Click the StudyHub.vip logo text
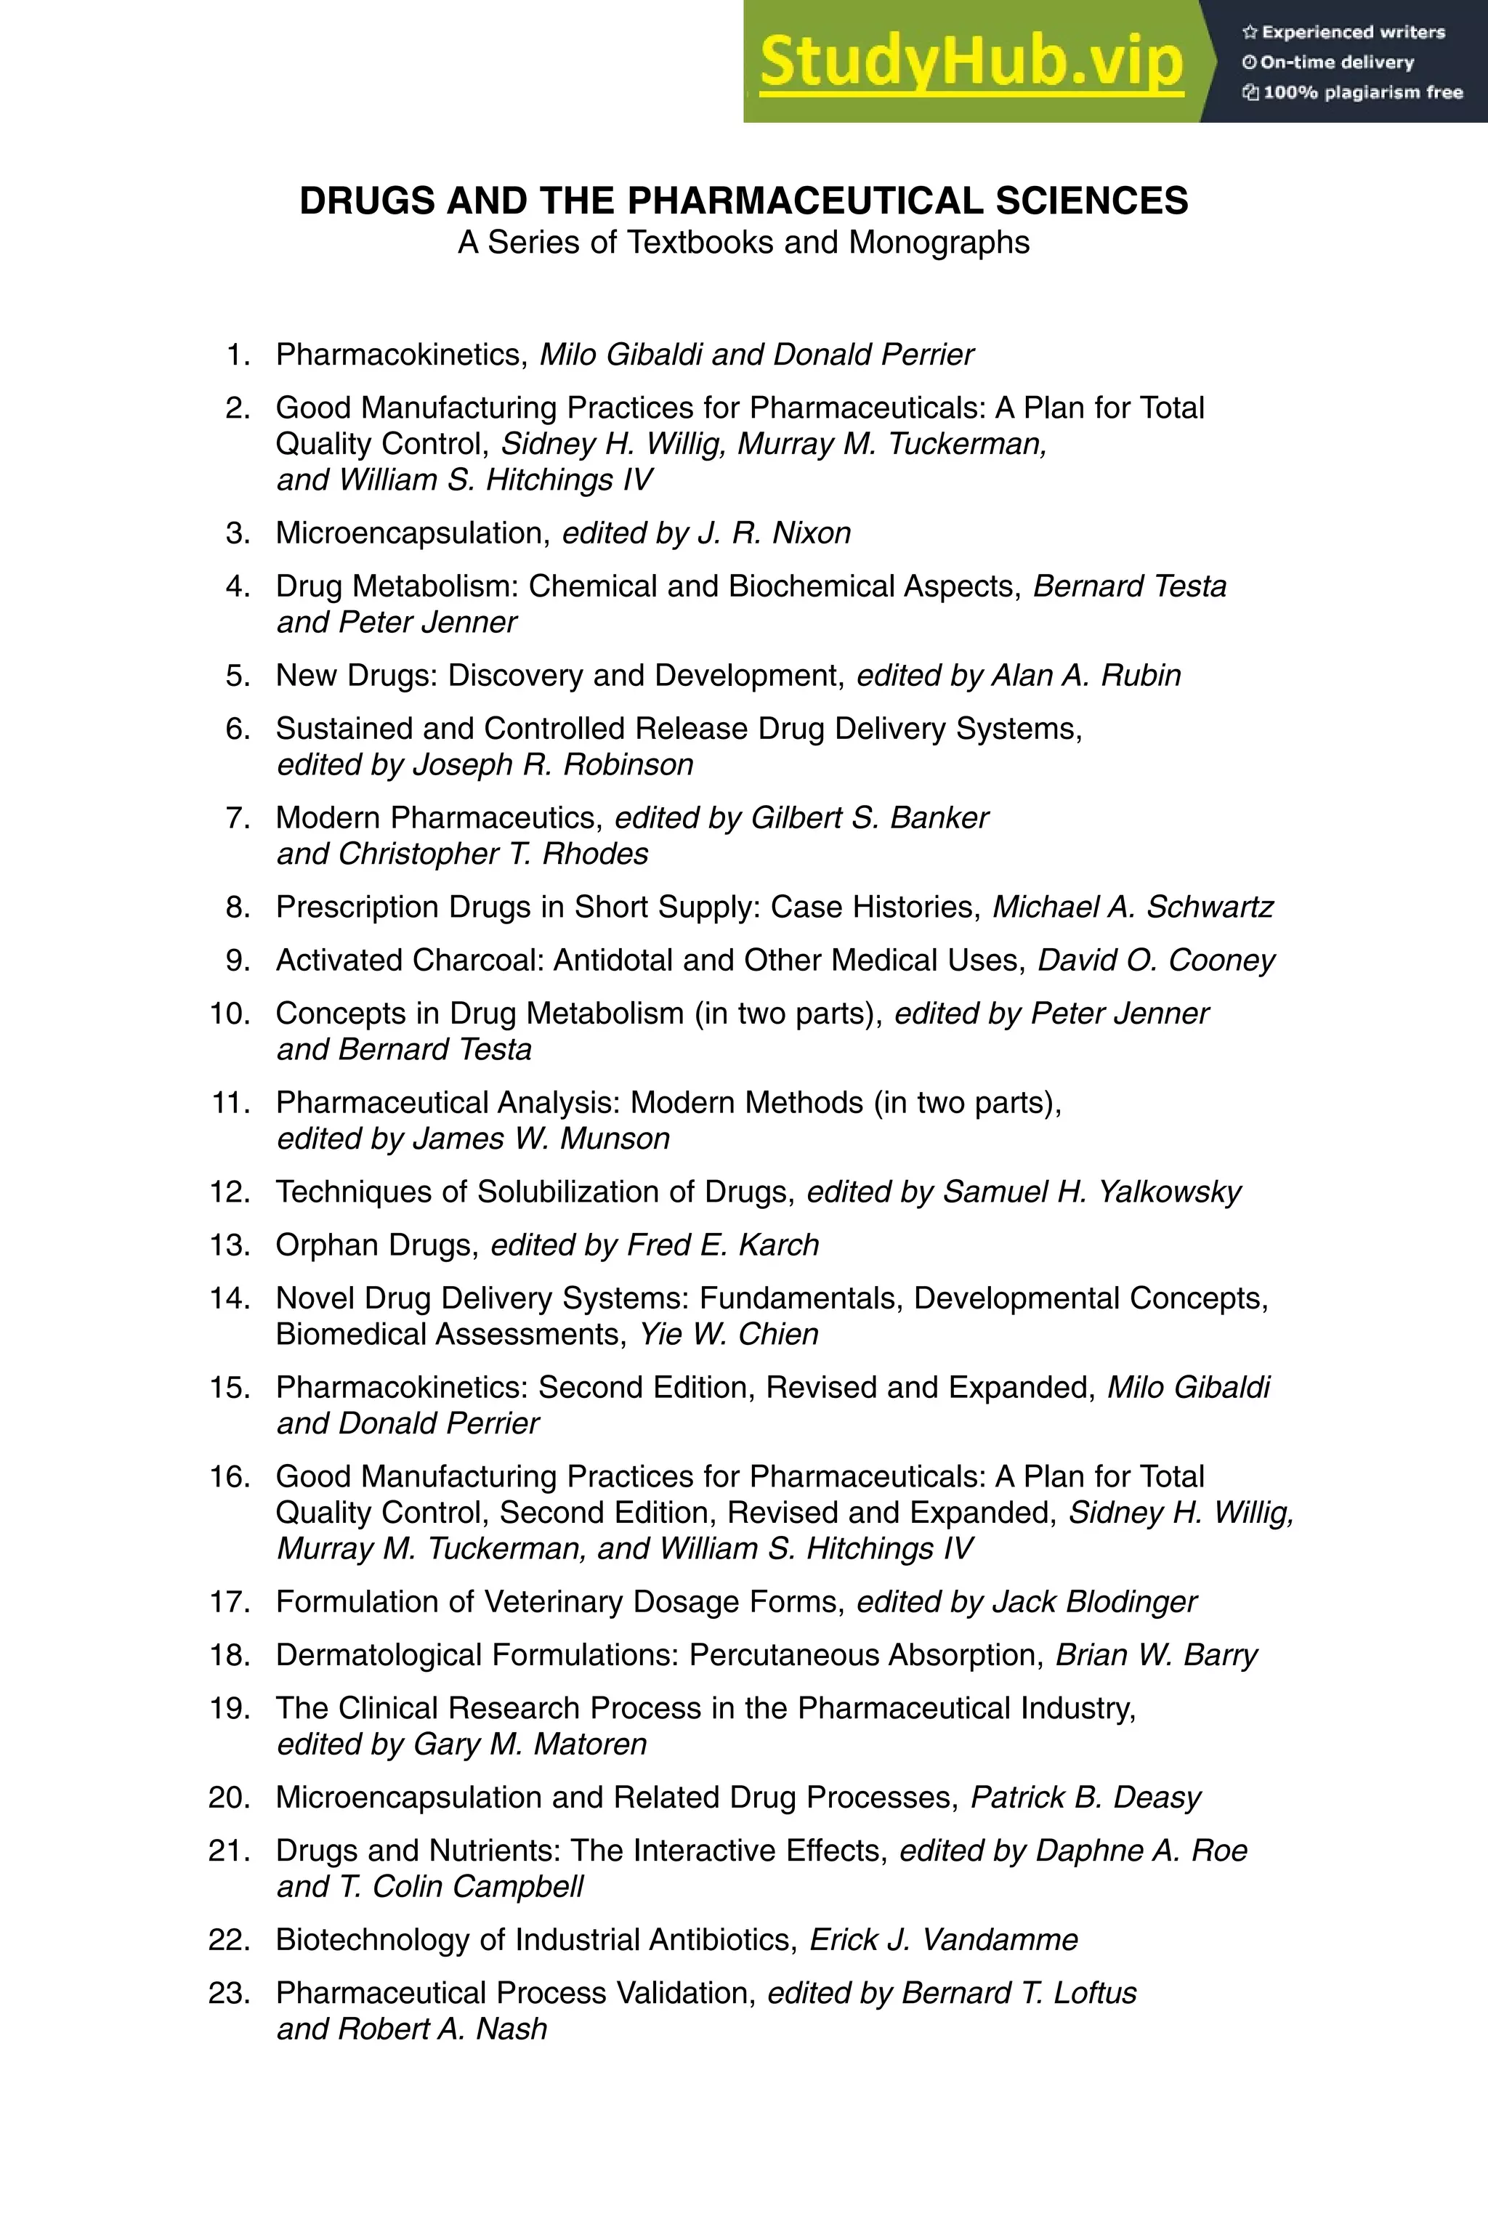tap(971, 62)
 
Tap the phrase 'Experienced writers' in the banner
tap(1352, 32)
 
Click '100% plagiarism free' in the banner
tap(1362, 92)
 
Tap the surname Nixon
tap(812, 533)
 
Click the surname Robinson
tap(628, 765)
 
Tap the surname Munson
tap(615, 1139)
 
